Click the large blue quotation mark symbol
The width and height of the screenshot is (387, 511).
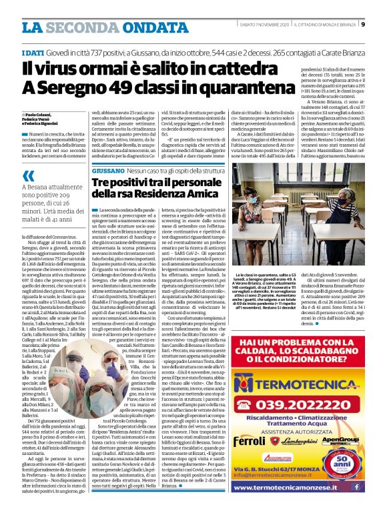[29, 175]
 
